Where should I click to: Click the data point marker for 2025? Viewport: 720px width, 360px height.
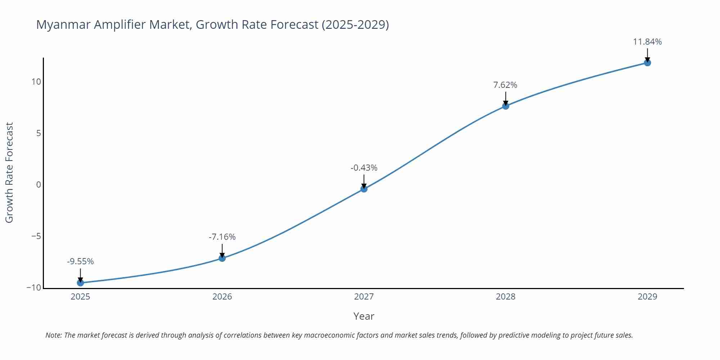coord(80,283)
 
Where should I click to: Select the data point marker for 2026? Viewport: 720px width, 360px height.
coord(222,258)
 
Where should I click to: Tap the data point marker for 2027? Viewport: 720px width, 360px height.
coord(364,189)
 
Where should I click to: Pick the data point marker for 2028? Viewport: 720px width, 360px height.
coord(505,106)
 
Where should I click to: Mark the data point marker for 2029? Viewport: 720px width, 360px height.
coord(647,63)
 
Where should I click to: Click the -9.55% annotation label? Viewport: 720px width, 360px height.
coord(80,261)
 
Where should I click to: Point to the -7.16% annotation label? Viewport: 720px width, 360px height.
coord(222,237)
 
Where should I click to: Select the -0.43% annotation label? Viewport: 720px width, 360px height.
coord(364,168)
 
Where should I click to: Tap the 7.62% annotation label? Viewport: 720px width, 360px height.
coord(505,85)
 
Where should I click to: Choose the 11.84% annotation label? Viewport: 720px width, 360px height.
coord(647,42)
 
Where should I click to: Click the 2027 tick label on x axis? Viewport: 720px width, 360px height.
coord(364,297)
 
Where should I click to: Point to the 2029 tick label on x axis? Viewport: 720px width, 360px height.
coord(647,297)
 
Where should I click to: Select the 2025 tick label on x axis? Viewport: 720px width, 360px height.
coord(80,297)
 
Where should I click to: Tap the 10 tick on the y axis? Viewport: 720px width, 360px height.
coord(36,82)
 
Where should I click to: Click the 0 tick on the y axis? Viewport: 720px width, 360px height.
coord(39,185)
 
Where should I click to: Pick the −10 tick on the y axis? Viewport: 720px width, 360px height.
coord(34,288)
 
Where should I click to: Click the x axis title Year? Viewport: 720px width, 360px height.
coord(364,316)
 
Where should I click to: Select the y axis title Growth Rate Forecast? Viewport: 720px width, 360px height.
coord(9,172)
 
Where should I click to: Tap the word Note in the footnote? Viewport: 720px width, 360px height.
coord(53,335)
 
